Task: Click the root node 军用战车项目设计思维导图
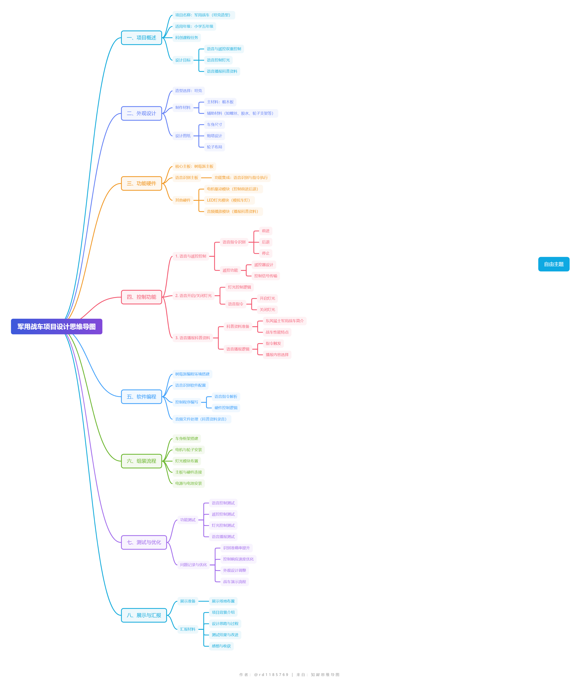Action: pos(57,326)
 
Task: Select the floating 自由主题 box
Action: pos(554,264)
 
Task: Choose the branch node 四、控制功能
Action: pos(141,297)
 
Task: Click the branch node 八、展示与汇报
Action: pos(144,615)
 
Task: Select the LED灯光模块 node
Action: pos(229,200)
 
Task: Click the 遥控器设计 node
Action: pos(264,265)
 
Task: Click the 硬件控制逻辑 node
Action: pos(226,408)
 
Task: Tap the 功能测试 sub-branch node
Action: pos(188,520)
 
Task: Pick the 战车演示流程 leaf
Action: pos(234,581)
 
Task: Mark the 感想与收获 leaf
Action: pos(221,646)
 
